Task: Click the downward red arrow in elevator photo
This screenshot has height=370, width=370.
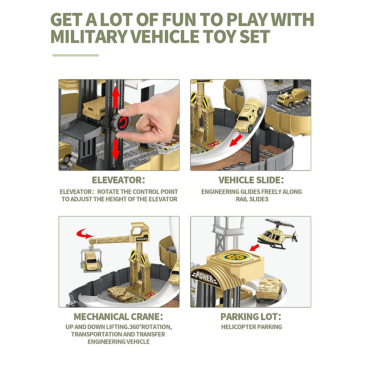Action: (116, 150)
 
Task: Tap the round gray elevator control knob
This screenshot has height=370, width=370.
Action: (120, 122)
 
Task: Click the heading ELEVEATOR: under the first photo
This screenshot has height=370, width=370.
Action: (118, 180)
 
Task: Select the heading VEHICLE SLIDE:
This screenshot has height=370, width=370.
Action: (251, 180)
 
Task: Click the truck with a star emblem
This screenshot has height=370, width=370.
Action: (292, 98)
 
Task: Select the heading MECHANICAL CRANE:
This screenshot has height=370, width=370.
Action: (118, 317)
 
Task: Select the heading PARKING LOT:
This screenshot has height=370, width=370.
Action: (251, 317)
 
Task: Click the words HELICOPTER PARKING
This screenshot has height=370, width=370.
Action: (251, 327)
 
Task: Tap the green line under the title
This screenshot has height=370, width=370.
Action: (76, 55)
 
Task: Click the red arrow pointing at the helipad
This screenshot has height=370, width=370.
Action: (255, 247)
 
